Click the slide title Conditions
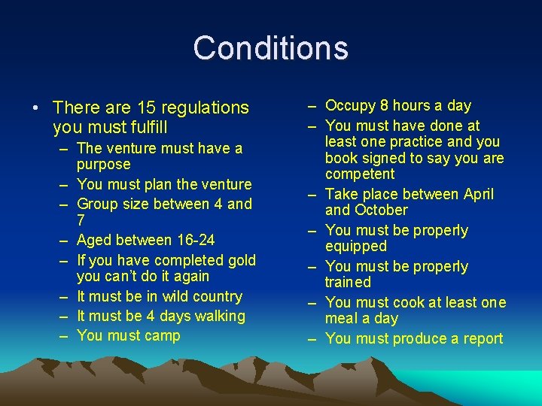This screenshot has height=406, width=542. tap(271, 48)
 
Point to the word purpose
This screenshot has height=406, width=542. tap(104, 165)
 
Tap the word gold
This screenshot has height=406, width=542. tap(241, 260)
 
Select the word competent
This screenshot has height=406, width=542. tap(360, 174)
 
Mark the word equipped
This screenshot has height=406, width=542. tap(356, 246)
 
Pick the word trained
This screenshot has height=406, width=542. tap(348, 282)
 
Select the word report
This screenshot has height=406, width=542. tap(481, 338)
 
